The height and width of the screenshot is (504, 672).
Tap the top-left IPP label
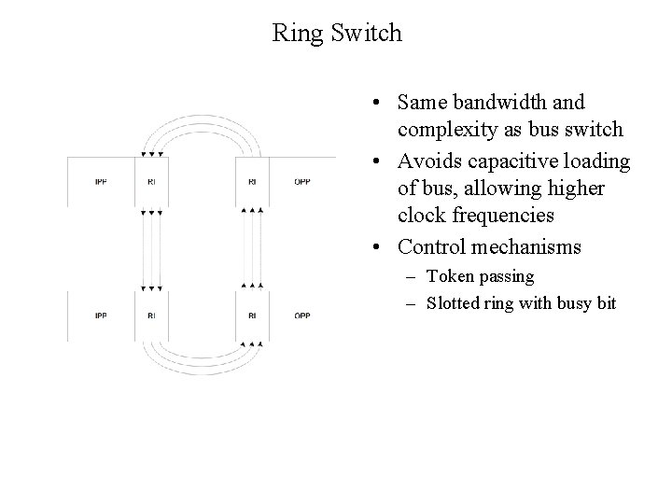101,181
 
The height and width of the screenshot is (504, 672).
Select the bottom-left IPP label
101,315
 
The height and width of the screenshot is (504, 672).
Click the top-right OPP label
302,181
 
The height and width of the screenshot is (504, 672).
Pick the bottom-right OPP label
302,315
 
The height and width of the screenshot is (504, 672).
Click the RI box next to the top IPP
151,181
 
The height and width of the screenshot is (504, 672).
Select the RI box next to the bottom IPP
151,315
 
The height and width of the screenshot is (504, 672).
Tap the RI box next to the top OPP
252,181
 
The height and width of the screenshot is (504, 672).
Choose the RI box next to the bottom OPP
252,315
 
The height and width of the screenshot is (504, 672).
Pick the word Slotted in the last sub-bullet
454,302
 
